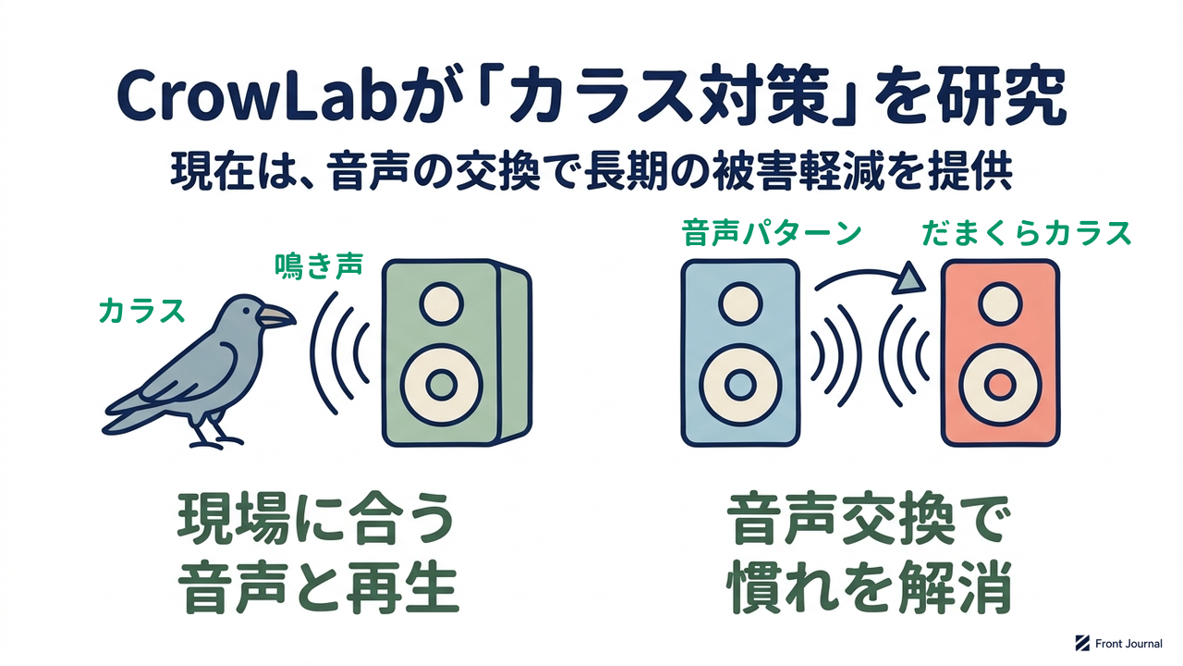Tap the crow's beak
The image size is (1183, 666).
(x=275, y=316)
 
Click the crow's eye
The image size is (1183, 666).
(x=247, y=310)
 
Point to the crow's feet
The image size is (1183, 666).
(x=215, y=439)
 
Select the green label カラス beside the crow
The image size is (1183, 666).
(x=141, y=310)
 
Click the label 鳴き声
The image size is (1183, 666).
(x=319, y=265)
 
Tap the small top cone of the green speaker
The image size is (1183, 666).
(x=442, y=303)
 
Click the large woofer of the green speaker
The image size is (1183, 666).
(x=442, y=385)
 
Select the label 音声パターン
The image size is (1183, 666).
(x=771, y=234)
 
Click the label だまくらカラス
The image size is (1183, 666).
(x=1027, y=234)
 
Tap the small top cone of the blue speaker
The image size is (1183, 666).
(x=740, y=303)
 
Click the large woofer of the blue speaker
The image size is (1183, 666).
(x=740, y=385)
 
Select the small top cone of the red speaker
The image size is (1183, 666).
(x=1000, y=303)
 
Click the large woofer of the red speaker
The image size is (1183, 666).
(x=1000, y=385)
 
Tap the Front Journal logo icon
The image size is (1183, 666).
(x=1082, y=643)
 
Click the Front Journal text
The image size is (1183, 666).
(x=1128, y=643)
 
